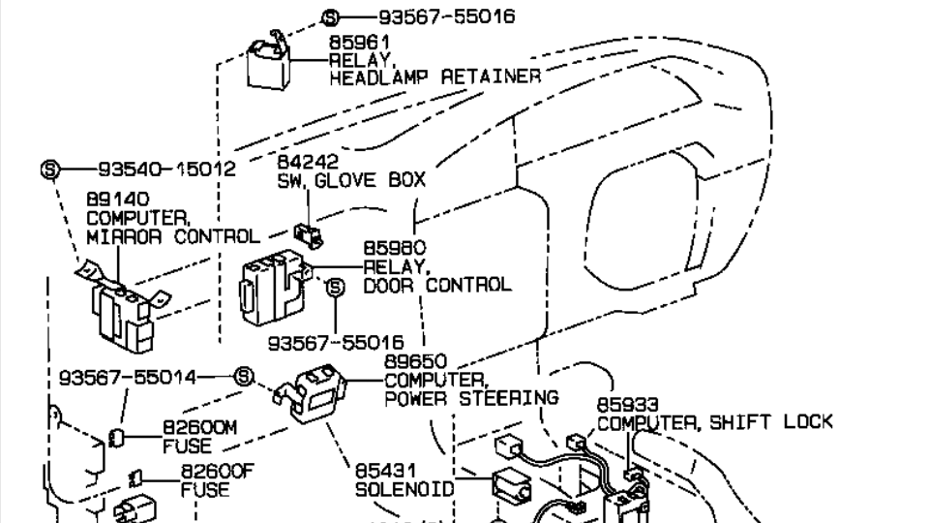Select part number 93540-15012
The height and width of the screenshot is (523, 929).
[x=165, y=169]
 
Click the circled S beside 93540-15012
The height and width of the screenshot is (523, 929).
[x=50, y=169]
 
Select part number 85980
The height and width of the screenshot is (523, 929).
[x=394, y=248]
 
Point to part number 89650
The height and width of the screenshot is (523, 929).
[x=417, y=360]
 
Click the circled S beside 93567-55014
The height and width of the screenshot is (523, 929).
[x=244, y=377]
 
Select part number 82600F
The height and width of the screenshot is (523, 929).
[x=204, y=471]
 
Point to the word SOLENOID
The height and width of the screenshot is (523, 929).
[x=405, y=489]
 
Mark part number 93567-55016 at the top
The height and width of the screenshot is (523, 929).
[x=433, y=16]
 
